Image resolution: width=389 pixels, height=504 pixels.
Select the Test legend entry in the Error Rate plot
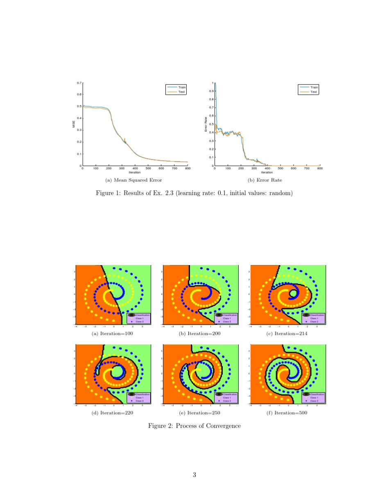click(x=314, y=92)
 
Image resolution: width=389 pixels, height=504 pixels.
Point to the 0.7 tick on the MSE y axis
click(x=79, y=83)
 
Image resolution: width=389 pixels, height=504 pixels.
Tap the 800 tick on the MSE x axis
click(x=188, y=168)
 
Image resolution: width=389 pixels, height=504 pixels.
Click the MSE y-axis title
click(x=74, y=124)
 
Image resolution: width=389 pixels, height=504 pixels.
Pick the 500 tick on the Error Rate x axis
click(x=280, y=168)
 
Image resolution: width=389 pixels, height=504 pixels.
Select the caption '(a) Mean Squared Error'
click(x=133, y=180)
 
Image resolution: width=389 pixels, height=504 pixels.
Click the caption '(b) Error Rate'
click(x=265, y=180)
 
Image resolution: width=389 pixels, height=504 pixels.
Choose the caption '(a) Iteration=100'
click(x=112, y=334)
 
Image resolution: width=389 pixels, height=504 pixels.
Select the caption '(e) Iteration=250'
click(x=199, y=413)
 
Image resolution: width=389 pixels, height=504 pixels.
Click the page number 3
click(x=194, y=475)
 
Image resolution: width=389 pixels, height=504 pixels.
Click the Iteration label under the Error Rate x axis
click(x=267, y=172)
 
